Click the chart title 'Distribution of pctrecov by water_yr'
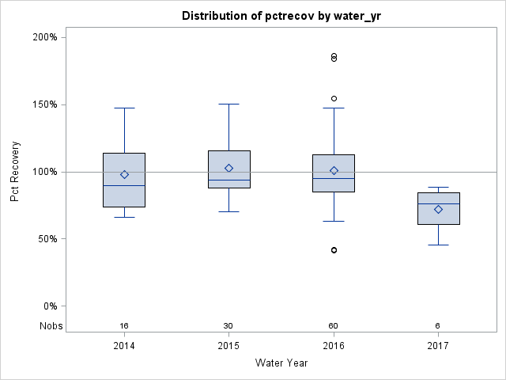pyautogui.click(x=281, y=16)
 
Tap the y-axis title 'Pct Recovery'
pyautogui.click(x=15, y=172)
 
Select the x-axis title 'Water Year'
pyautogui.click(x=281, y=363)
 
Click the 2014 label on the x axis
pyautogui.click(x=124, y=346)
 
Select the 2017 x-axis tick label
pyautogui.click(x=438, y=346)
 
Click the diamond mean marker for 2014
pyautogui.click(x=124, y=174)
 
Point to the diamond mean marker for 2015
pyautogui.click(x=228, y=168)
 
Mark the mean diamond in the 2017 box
pyautogui.click(x=438, y=209)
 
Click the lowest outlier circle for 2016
pyautogui.click(x=334, y=250)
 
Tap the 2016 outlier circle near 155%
pyautogui.click(x=334, y=99)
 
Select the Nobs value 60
pyautogui.click(x=334, y=326)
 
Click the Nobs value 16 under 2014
pyautogui.click(x=124, y=326)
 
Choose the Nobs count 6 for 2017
pyautogui.click(x=438, y=326)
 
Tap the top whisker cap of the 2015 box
pyautogui.click(x=228, y=104)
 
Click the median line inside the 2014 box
pyautogui.click(x=124, y=185)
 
